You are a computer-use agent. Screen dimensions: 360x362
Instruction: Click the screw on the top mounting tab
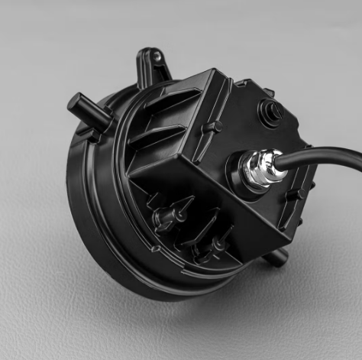click(x=157, y=57)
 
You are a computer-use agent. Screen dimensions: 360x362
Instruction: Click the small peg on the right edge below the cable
click(x=298, y=195)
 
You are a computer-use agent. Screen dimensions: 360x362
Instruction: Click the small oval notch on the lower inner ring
click(x=156, y=249)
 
